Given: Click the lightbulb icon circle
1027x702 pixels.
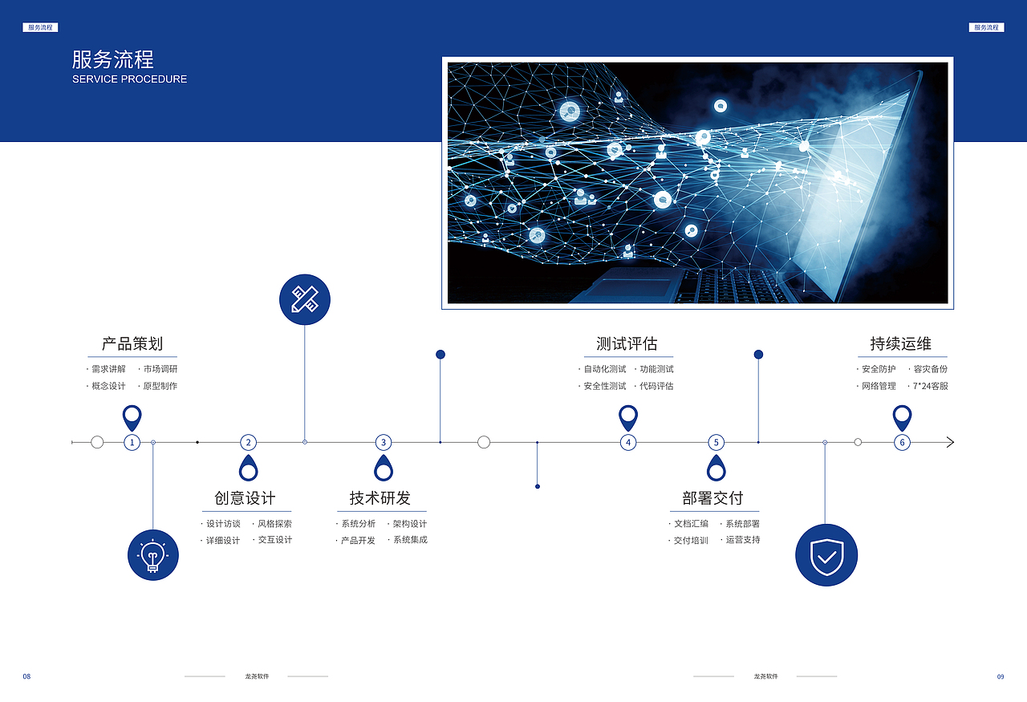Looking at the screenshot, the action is (153, 555).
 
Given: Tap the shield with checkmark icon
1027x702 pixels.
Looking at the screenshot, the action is (826, 555).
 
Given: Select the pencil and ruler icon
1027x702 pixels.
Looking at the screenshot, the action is (305, 299).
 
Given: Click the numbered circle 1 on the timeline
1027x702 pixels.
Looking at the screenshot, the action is (132, 443).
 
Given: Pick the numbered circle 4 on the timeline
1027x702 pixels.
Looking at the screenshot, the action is (628, 443).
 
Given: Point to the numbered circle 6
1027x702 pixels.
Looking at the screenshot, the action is (902, 443).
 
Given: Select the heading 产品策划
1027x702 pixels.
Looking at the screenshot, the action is (132, 343).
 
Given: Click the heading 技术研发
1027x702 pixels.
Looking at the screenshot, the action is (380, 498).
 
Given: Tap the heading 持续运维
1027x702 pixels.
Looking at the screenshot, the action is (900, 343).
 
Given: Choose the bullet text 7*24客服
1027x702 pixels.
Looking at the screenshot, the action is (930, 386).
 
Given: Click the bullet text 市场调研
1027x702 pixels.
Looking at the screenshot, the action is (160, 369).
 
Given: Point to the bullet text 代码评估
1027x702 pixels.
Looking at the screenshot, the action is (656, 386).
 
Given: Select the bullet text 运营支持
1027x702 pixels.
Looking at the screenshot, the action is (743, 540).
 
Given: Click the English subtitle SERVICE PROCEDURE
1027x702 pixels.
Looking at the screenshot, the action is (129, 79).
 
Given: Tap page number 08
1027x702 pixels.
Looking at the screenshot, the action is (26, 676).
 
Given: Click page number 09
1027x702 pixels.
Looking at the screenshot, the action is (1001, 676).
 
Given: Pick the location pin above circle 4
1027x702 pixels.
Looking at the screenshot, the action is (628, 418).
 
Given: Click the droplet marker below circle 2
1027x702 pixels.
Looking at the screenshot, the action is (249, 469).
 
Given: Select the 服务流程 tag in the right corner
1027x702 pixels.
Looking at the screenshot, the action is (986, 27).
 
